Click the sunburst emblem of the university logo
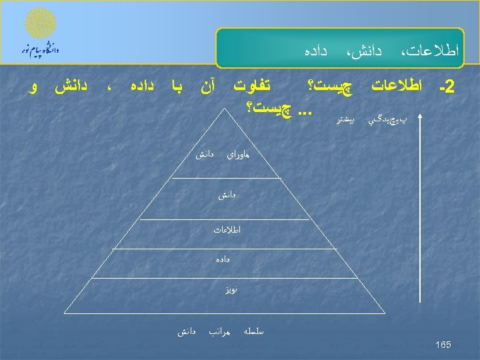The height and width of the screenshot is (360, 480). click(41, 23)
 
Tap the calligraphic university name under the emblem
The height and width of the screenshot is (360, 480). click(42, 49)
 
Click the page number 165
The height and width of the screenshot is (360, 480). click(443, 345)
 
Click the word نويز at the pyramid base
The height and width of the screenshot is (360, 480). click(231, 290)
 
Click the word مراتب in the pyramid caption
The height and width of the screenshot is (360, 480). click(219, 330)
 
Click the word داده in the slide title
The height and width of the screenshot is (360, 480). click(315, 49)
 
